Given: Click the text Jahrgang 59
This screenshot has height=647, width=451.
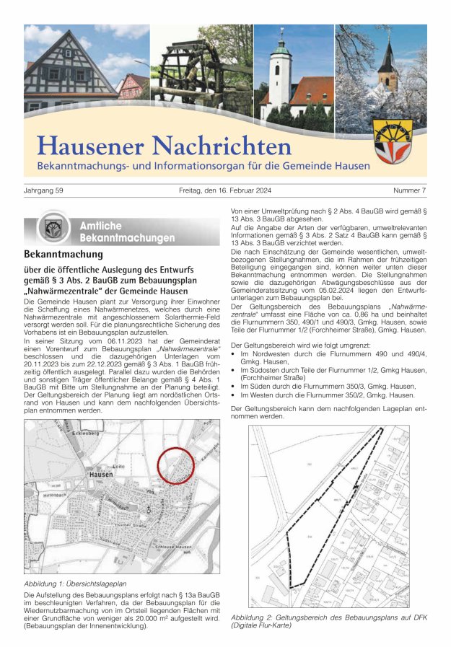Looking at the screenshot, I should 44,190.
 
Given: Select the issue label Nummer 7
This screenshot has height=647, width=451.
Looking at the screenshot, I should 409,190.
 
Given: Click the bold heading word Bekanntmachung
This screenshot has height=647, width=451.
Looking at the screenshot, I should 64,255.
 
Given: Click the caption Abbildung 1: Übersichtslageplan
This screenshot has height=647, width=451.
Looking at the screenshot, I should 75,583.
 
